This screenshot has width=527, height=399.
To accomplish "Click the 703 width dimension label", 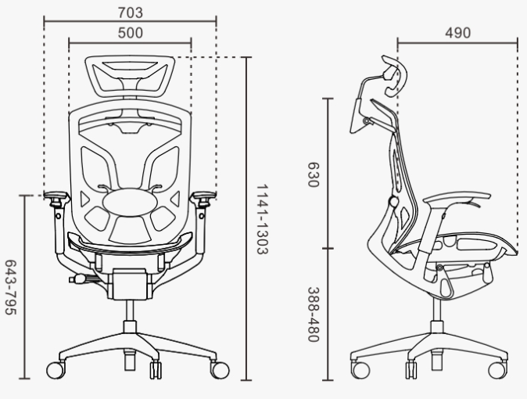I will [x=130, y=13].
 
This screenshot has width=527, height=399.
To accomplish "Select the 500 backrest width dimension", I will [x=130, y=33].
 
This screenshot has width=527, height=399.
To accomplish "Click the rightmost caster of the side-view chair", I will [x=497, y=368].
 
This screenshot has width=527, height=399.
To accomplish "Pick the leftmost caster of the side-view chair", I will [x=360, y=368].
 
